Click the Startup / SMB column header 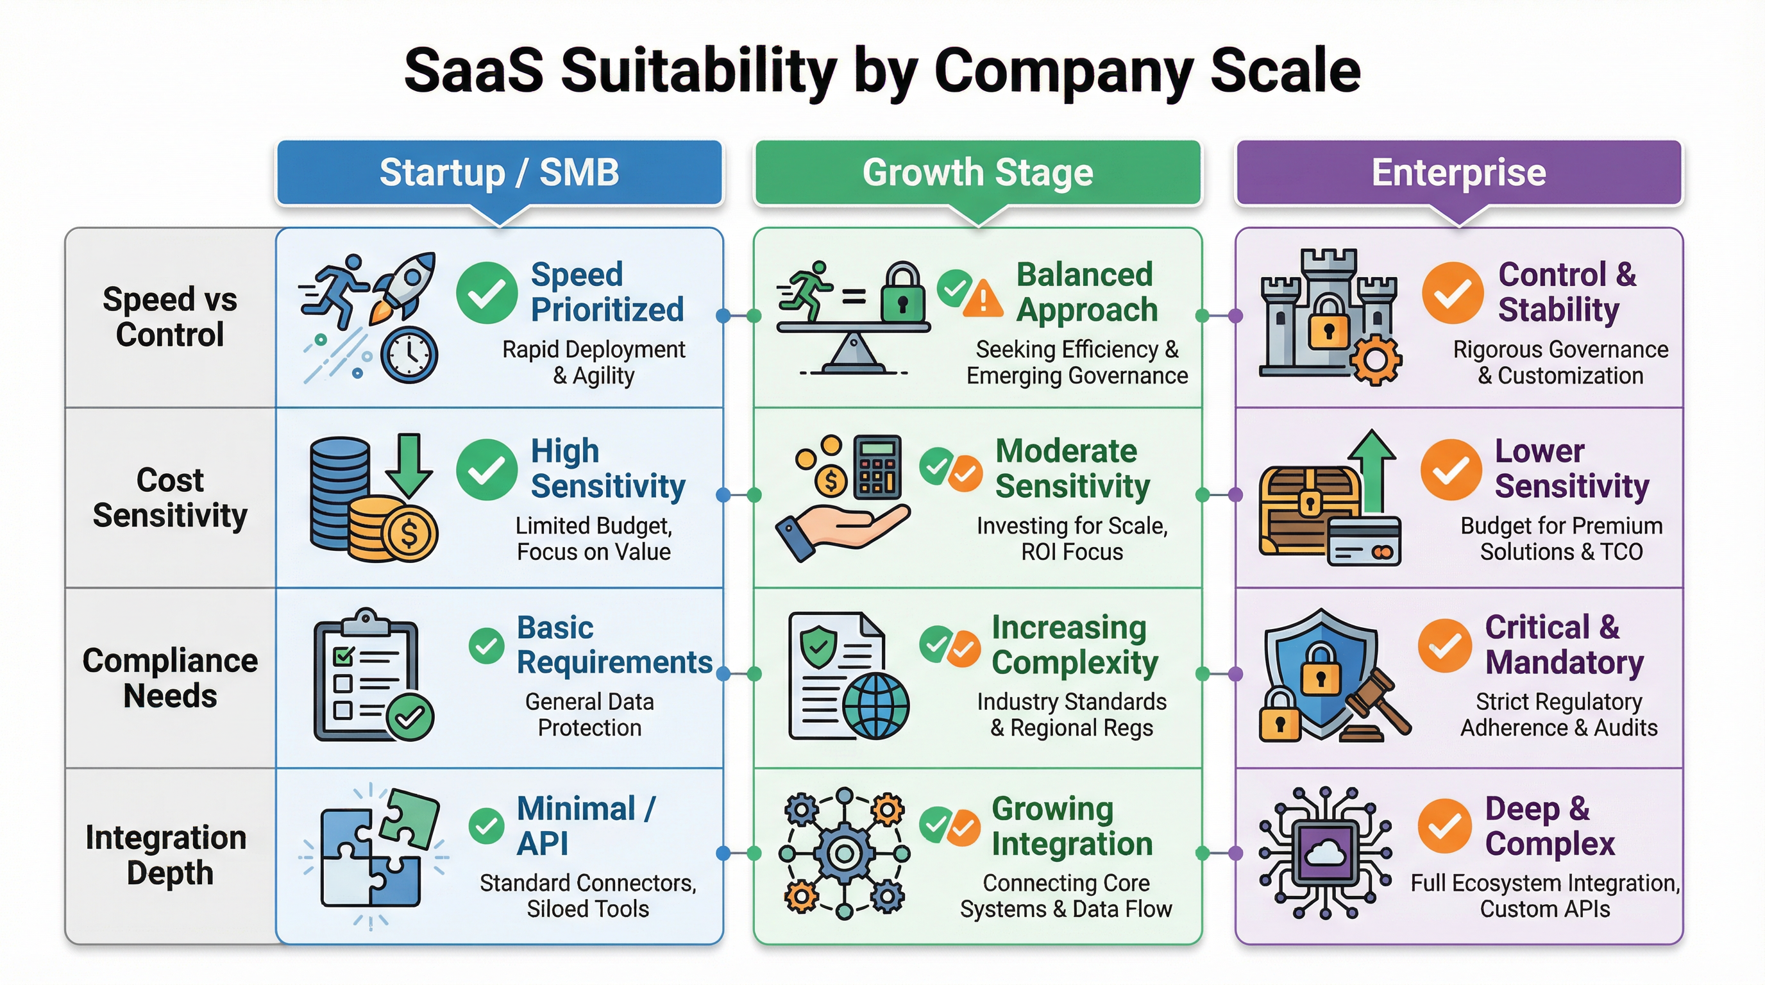[x=499, y=173]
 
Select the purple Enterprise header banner [x=1458, y=173]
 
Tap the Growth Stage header [x=977, y=173]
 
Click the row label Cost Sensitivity [x=170, y=497]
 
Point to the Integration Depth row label [x=167, y=855]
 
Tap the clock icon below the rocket [x=409, y=355]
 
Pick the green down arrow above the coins [x=409, y=464]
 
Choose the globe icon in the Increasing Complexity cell [x=875, y=705]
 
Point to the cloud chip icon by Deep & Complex [x=1324, y=854]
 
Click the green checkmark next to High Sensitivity [x=487, y=470]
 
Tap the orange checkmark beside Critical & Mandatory [x=1444, y=645]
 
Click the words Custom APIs [x=1544, y=909]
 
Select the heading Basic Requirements [x=614, y=644]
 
